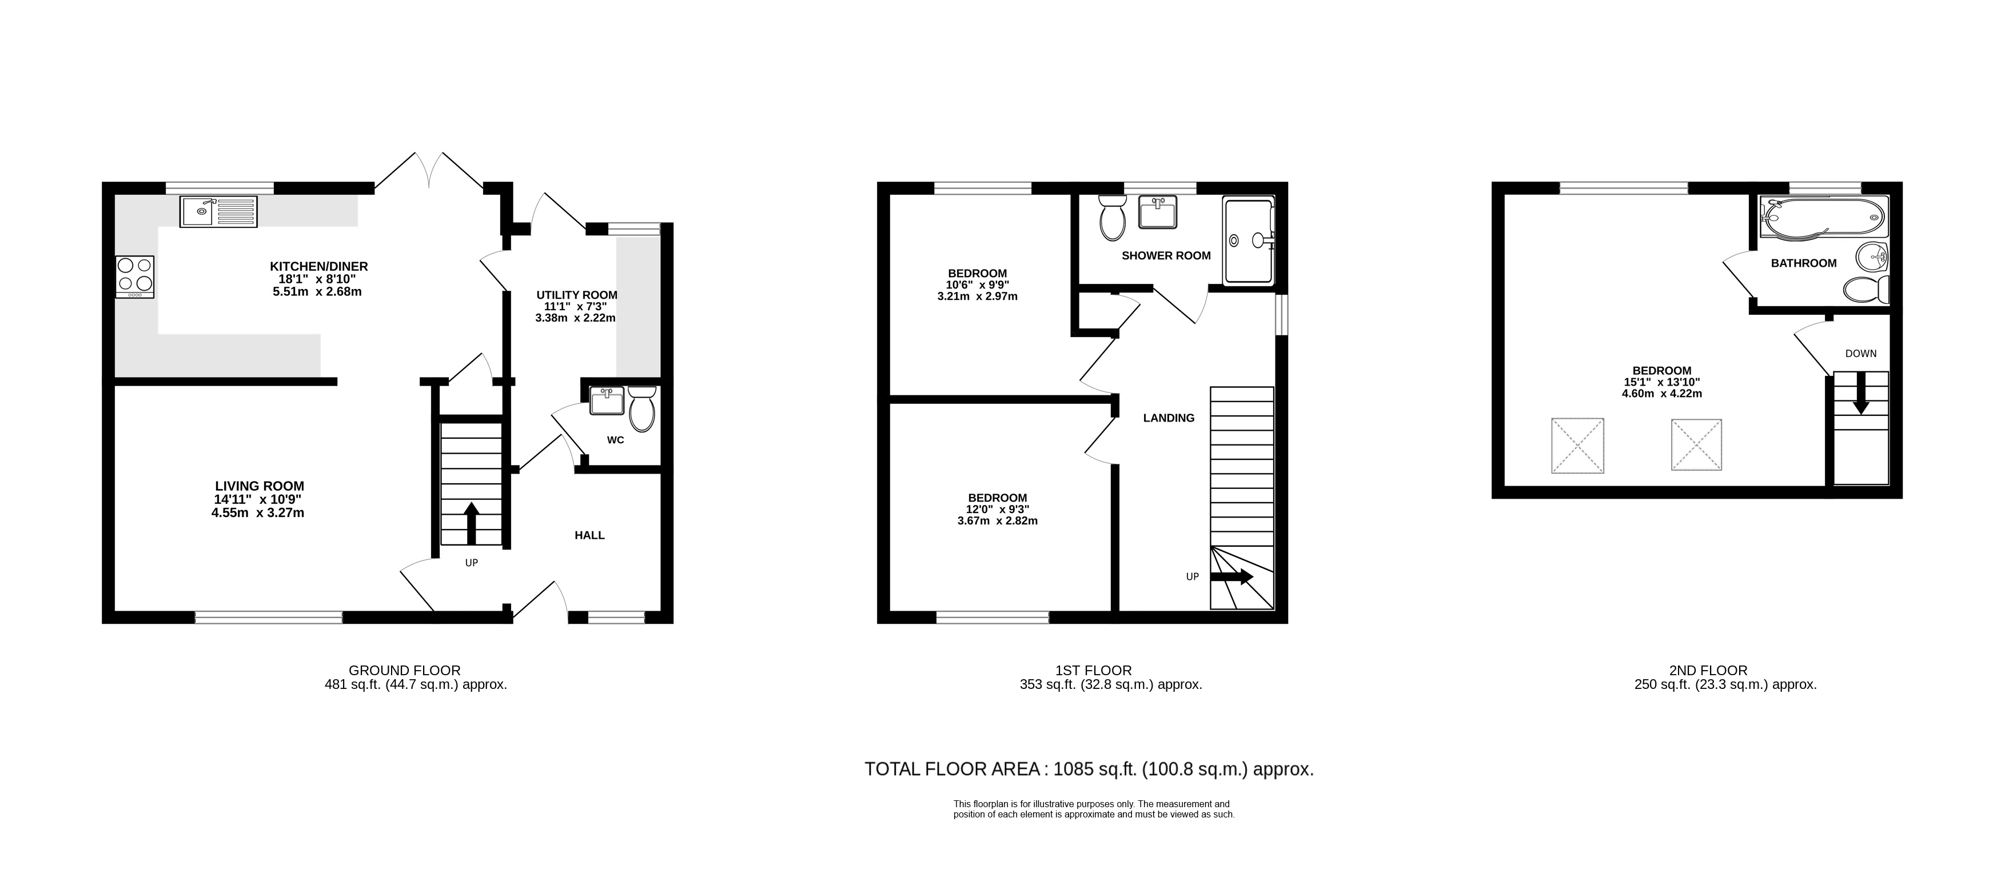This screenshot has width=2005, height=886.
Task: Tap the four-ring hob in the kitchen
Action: click(135, 276)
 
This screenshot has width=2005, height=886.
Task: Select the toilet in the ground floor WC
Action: click(642, 408)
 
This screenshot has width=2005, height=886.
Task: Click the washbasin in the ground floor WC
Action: click(607, 402)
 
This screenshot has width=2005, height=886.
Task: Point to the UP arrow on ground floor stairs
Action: click(471, 523)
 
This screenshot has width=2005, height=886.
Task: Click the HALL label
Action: click(589, 535)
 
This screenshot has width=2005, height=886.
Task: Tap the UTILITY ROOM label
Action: click(577, 295)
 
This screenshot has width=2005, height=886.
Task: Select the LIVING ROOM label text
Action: click(259, 486)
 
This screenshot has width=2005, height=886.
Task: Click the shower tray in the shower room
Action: click(1249, 241)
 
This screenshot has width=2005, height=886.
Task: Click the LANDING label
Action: click(1168, 418)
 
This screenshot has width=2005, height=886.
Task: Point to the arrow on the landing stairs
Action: click(1232, 577)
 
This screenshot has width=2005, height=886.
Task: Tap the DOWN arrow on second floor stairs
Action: click(1860, 393)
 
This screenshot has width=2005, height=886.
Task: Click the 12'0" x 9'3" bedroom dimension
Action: click(997, 510)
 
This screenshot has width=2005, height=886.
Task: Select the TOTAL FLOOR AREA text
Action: click(952, 769)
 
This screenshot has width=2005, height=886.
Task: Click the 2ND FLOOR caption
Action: click(1708, 669)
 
